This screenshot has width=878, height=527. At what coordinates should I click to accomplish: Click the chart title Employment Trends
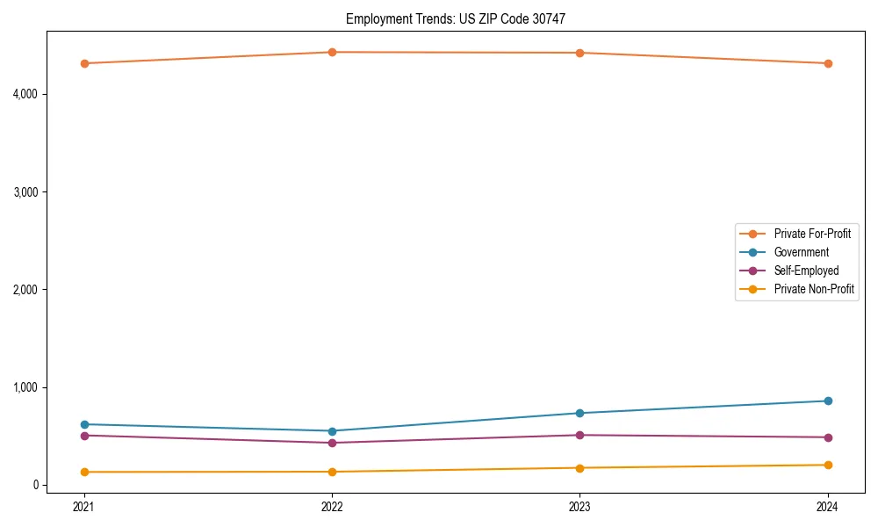click(x=463, y=18)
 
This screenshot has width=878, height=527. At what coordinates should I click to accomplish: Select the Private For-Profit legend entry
click(x=812, y=234)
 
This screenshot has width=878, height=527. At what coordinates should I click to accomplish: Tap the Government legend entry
click(x=801, y=252)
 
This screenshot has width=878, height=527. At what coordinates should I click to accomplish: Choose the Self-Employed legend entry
click(x=806, y=271)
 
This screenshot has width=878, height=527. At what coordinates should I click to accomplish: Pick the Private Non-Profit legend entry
click(x=814, y=289)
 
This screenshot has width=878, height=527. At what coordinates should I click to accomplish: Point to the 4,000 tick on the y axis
click(x=25, y=94)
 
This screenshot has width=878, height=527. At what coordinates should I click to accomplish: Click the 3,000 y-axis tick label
click(x=25, y=191)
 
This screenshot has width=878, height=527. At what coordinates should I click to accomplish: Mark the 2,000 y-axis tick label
click(x=25, y=290)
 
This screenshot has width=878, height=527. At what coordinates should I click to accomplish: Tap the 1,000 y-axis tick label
click(x=25, y=387)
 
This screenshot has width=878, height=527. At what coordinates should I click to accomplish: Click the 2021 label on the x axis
click(x=84, y=506)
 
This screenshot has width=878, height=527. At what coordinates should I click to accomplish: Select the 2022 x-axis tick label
click(x=332, y=506)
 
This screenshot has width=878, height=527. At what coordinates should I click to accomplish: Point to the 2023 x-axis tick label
click(x=579, y=506)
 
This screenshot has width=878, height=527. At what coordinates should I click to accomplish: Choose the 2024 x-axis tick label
click(x=828, y=506)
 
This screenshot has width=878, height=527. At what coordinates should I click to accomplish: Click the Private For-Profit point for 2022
click(x=332, y=52)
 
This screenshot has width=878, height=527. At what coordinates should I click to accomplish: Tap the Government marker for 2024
click(x=828, y=401)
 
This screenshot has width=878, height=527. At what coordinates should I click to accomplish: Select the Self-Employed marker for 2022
click(x=332, y=443)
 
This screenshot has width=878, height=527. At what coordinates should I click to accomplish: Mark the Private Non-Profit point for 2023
click(x=579, y=467)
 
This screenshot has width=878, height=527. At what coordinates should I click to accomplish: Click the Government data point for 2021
click(x=84, y=424)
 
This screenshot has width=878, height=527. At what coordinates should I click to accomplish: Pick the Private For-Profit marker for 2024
click(x=828, y=63)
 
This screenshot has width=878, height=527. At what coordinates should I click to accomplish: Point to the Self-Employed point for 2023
click(x=579, y=435)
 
